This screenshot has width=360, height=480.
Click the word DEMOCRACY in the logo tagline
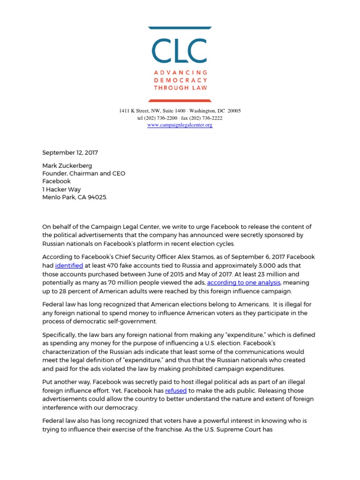180,80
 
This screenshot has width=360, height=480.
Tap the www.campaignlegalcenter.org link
180,125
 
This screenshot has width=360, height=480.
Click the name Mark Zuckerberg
67,165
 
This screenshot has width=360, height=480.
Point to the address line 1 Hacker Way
61,189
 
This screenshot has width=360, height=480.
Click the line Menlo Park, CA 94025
75,197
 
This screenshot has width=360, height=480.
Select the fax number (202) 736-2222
207,118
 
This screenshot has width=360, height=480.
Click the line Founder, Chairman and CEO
84,173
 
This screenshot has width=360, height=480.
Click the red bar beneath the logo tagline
180,100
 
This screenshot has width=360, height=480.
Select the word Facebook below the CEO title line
56,181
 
